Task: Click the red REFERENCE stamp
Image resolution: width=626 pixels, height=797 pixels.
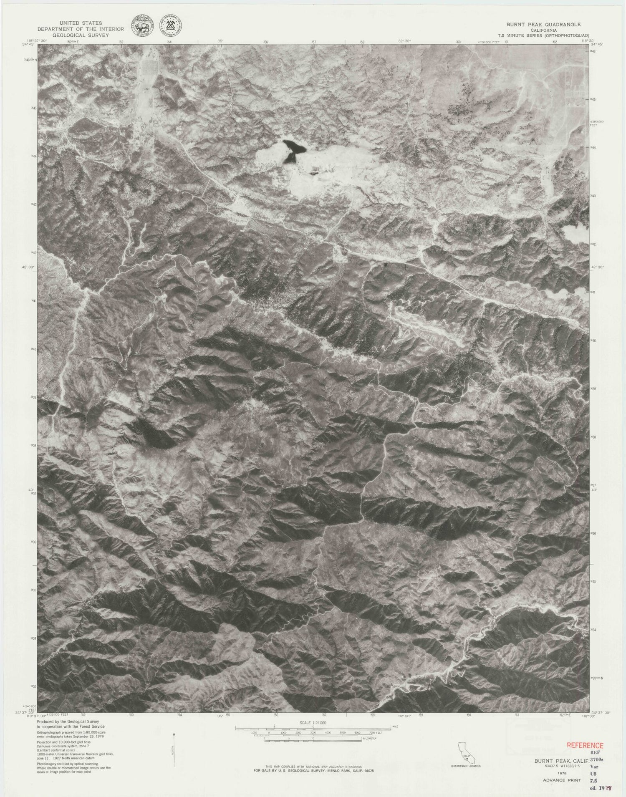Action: (x=585, y=745)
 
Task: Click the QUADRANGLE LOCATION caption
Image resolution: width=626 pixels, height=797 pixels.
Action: (x=465, y=767)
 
